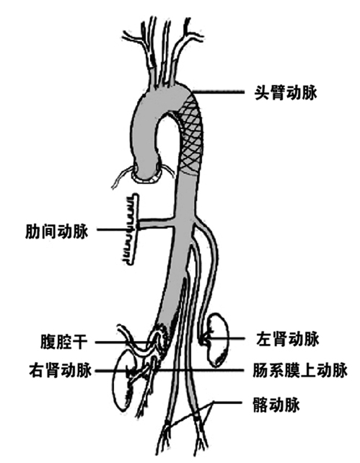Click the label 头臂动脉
[286, 93]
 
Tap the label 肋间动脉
[57, 231]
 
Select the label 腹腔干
[63, 342]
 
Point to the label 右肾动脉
[61, 370]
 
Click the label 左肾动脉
[288, 339]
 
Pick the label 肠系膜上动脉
[299, 370]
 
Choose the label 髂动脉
[276, 405]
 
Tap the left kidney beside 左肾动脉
[218, 340]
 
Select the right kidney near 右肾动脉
[124, 381]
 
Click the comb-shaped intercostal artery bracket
[131, 229]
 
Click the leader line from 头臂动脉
[219, 92]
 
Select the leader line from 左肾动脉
[225, 339]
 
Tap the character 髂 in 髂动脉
[260, 405]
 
